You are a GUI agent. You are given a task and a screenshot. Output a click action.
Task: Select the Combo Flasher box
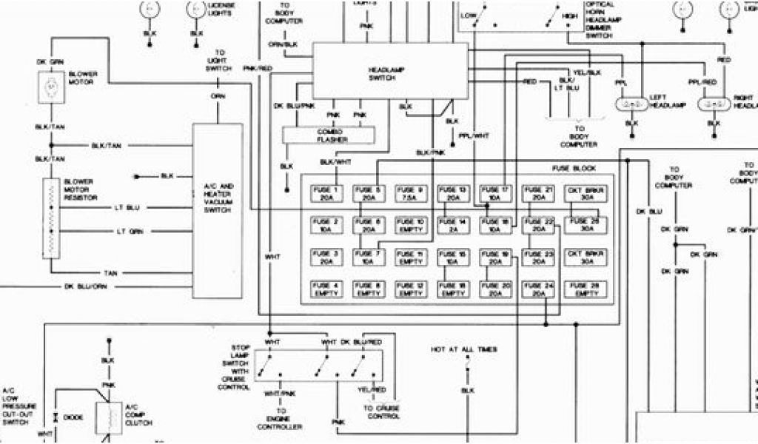coord(326,135)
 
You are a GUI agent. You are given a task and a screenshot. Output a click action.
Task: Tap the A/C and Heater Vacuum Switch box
coord(217,198)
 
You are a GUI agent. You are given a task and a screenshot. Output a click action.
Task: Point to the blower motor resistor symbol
coord(50,218)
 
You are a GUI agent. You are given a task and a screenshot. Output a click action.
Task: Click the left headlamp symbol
coord(631,104)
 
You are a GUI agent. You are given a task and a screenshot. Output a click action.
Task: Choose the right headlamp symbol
coord(714,104)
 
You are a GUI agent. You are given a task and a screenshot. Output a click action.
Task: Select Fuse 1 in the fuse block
coord(325,195)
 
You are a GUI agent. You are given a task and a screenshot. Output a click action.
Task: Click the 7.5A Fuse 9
coord(410,195)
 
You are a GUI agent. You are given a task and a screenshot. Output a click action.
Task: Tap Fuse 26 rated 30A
coord(581,226)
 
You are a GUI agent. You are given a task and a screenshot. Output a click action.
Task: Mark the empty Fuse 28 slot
coord(581,289)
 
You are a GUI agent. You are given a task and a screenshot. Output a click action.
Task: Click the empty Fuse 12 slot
coord(410,289)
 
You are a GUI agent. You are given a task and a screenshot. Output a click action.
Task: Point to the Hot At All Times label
coord(463,349)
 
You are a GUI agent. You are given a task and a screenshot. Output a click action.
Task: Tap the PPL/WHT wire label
coord(474,135)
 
